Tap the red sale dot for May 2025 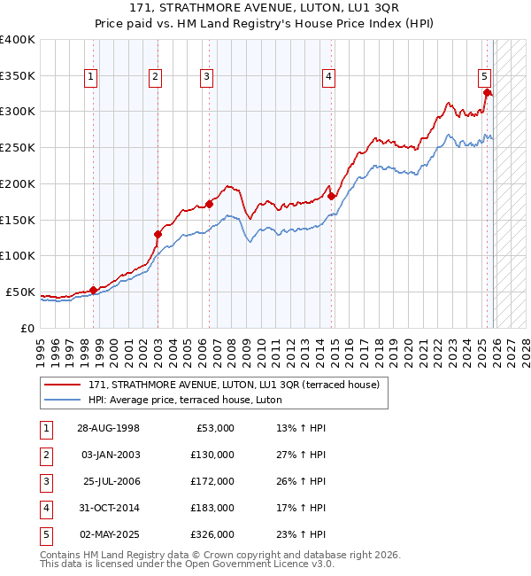coord(488,93)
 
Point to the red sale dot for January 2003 coord(158,234)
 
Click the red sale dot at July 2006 coord(210,204)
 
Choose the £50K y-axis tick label coord(20,292)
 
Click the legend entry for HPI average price coord(184,400)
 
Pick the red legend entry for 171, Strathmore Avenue coord(234,385)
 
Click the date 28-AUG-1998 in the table coord(107,428)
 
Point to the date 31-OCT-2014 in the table coord(107,508)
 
